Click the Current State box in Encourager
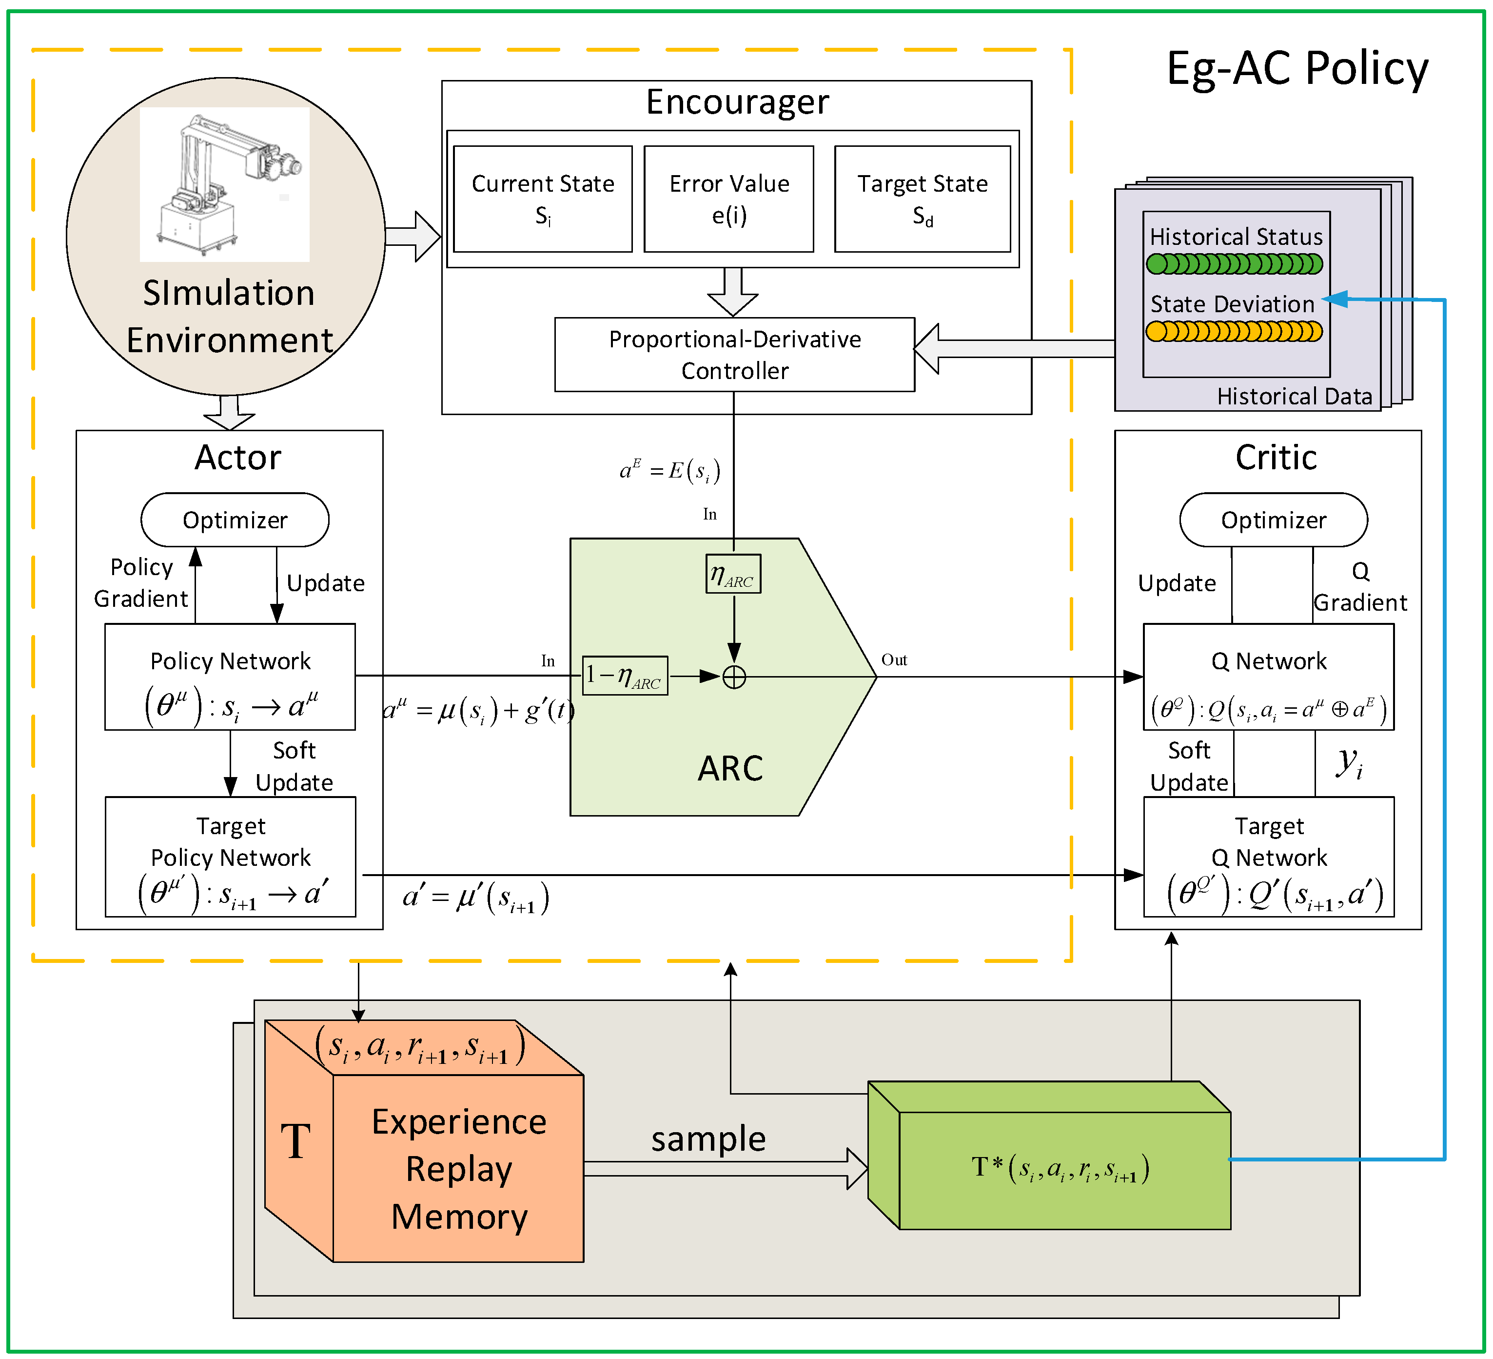(x=543, y=199)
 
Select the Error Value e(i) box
(x=729, y=199)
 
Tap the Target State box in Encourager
(x=923, y=199)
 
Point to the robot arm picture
(x=224, y=184)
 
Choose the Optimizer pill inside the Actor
(x=235, y=520)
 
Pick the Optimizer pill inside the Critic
(x=1274, y=520)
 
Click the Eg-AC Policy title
(x=1297, y=69)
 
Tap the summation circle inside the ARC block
(x=734, y=677)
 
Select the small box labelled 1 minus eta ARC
(x=625, y=676)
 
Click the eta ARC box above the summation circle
(x=733, y=574)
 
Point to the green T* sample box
(x=1049, y=1156)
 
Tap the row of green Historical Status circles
(x=1235, y=264)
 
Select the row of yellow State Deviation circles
(x=1235, y=331)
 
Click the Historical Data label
(x=1295, y=397)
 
